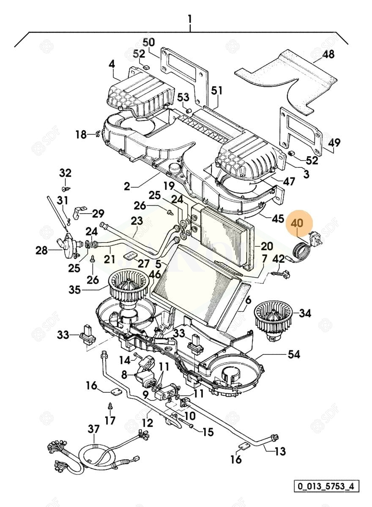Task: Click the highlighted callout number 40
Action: tap(297, 222)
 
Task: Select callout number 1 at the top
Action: tap(190, 19)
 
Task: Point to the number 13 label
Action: tap(280, 451)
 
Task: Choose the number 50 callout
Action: tap(148, 42)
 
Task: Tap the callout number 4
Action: tap(112, 65)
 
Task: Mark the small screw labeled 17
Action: tap(110, 406)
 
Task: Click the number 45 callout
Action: tap(278, 219)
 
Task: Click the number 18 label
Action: tap(81, 135)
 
